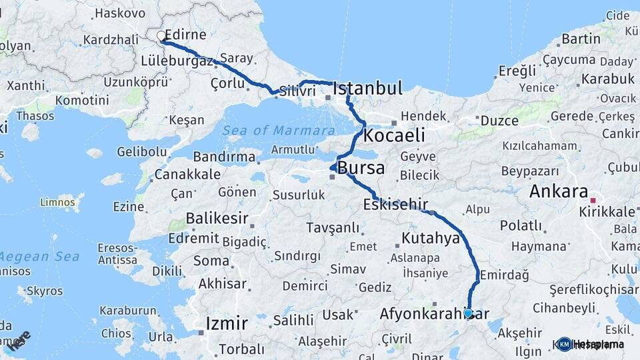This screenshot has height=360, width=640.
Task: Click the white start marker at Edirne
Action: [x=161, y=36]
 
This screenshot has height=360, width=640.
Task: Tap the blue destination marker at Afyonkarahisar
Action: [x=468, y=313]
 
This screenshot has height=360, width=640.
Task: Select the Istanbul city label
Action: [x=367, y=89]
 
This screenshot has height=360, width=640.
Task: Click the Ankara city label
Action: [x=558, y=192]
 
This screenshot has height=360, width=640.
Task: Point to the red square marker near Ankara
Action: [x=593, y=199]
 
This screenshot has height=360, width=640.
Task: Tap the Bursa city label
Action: [x=361, y=168]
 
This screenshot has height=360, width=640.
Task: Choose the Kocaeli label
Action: [x=395, y=135]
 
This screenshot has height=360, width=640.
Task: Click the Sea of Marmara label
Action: [x=279, y=130]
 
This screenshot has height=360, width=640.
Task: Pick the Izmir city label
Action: [x=226, y=325]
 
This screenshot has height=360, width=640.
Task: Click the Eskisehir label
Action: [x=396, y=203]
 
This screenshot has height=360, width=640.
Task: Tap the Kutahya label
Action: [x=431, y=239]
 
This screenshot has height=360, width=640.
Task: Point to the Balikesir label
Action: [x=217, y=218]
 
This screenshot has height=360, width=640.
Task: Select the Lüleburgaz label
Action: [x=177, y=61]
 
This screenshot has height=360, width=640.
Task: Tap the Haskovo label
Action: [x=120, y=13]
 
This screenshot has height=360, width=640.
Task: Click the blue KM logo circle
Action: [x=564, y=344]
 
